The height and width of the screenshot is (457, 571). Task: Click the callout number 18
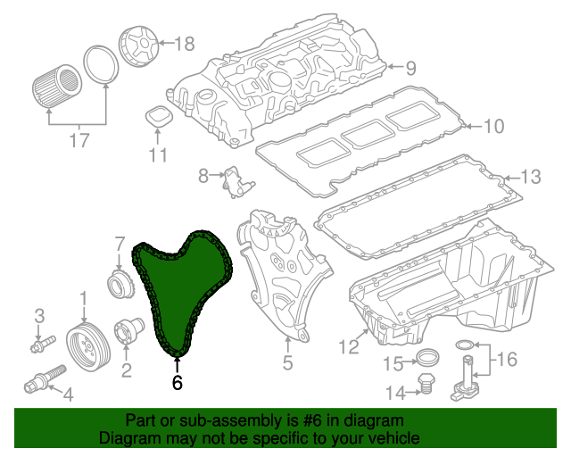point(184,43)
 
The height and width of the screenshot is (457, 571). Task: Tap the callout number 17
point(79,139)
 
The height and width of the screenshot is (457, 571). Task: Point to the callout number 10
point(493,126)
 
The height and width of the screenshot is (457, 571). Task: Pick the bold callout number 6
point(177,383)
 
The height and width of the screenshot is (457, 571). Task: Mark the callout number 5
point(287,362)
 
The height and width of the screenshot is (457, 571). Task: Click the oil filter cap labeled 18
point(138,47)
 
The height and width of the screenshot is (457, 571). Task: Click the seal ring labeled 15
point(428,361)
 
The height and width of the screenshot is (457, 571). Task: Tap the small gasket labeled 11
point(158,116)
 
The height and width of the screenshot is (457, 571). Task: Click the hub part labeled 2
point(127,332)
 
